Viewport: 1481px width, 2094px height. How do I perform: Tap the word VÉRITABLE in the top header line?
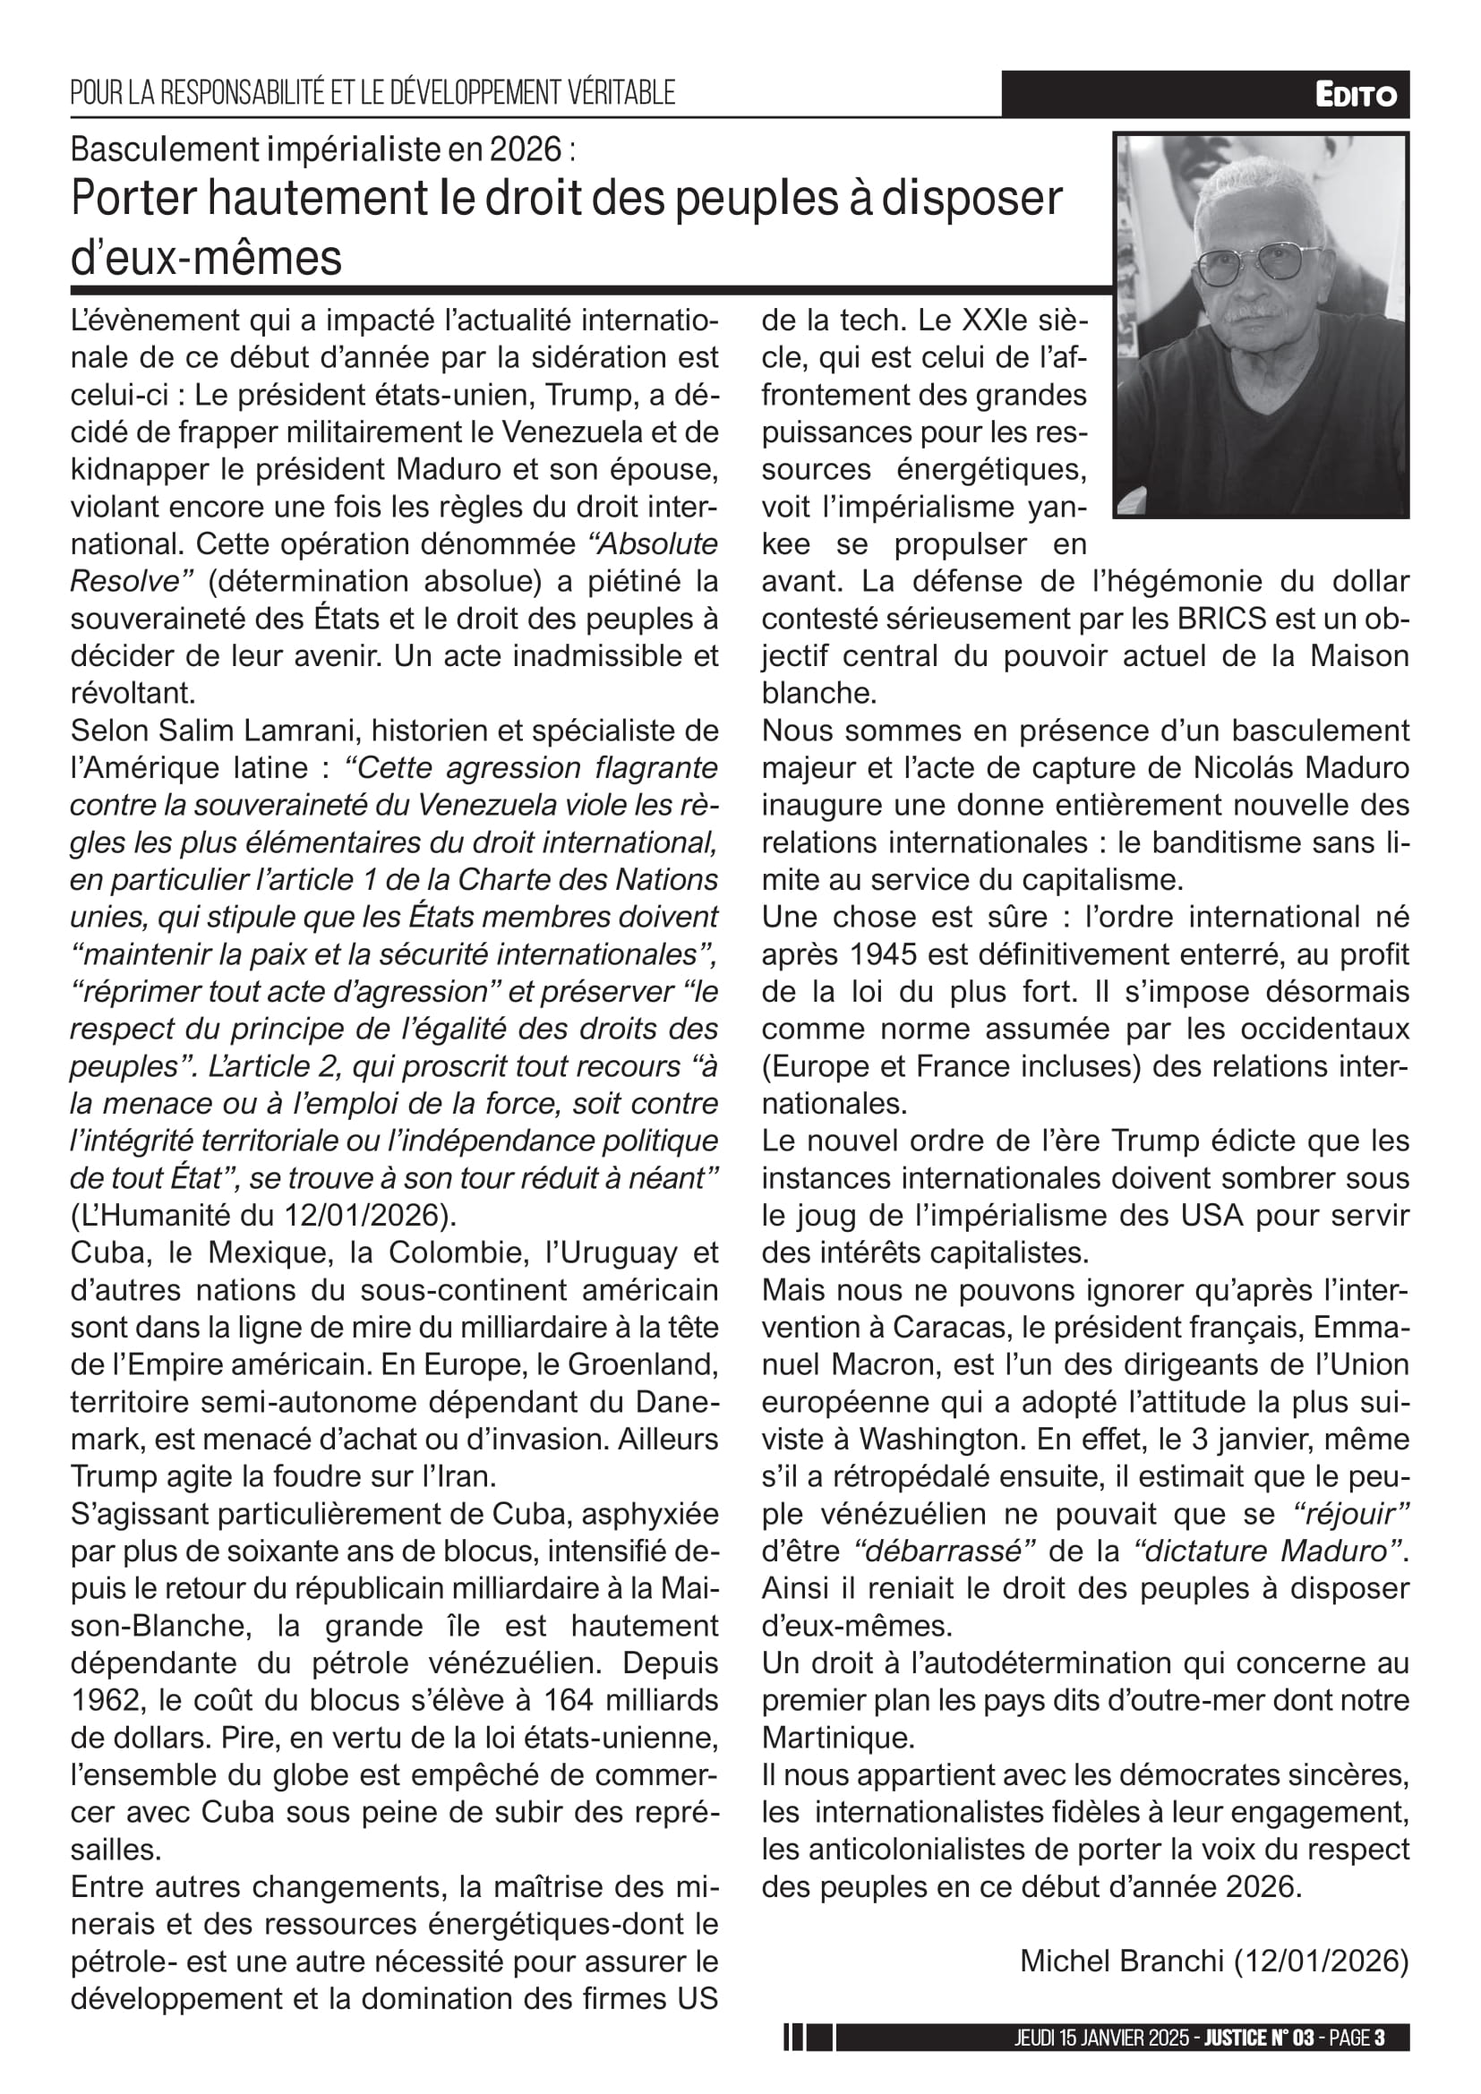(x=621, y=93)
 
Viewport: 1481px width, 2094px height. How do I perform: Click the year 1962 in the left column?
(x=107, y=1700)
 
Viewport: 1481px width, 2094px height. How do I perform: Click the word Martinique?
(x=835, y=1738)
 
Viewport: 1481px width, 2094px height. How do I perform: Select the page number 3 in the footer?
(x=1379, y=2038)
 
